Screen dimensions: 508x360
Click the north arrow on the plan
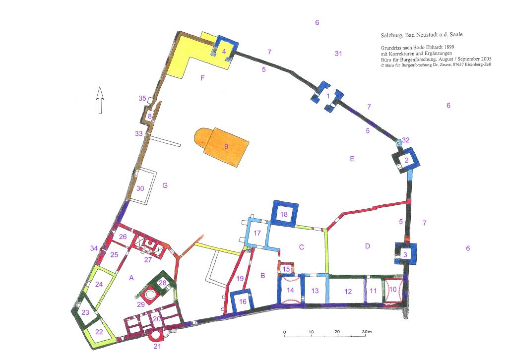[x=100, y=100]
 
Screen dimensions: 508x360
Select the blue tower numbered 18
[x=284, y=213]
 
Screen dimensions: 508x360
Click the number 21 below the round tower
[x=157, y=347]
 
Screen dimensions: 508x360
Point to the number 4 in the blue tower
[x=224, y=51]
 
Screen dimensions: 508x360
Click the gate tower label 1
[x=328, y=96]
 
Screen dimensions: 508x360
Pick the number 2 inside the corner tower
[x=407, y=160]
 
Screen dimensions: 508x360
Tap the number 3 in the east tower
[x=405, y=255]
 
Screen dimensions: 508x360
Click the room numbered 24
[x=99, y=284]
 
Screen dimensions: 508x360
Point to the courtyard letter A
[x=131, y=278]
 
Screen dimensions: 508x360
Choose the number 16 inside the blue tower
[x=243, y=301]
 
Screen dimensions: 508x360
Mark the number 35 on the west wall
[x=142, y=98]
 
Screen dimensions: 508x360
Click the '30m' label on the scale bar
[x=367, y=332]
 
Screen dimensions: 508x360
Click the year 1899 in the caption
[x=448, y=47]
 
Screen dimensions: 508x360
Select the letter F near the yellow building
[x=202, y=78]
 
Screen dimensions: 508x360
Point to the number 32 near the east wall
[x=406, y=140]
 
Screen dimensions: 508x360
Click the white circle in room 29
[x=150, y=295]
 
